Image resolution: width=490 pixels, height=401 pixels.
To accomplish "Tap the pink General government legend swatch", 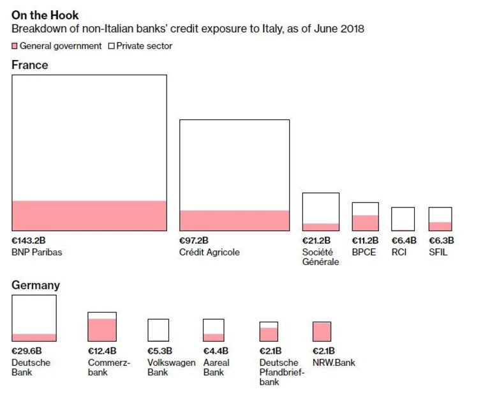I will pyautogui.click(x=15, y=46).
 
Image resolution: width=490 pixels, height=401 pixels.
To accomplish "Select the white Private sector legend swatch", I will pyautogui.click(x=110, y=46).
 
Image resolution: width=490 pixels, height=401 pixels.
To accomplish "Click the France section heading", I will pyautogui.click(x=29, y=64).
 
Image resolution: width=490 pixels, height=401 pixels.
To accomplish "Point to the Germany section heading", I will pyautogui.click(x=36, y=285).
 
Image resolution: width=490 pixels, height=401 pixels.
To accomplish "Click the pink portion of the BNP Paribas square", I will pyautogui.click(x=89, y=215).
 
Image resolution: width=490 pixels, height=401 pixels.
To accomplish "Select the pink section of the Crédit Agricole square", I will pyautogui.click(x=234, y=220).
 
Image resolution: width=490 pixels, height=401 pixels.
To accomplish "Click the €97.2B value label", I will pyautogui.click(x=195, y=241).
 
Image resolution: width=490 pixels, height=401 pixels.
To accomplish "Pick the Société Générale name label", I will pyautogui.click(x=320, y=257).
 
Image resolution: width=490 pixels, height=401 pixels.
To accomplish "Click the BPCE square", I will pyautogui.click(x=365, y=216).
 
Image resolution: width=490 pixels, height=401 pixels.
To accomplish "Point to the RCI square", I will pyautogui.click(x=403, y=219).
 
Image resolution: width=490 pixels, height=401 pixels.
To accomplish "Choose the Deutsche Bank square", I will pyautogui.click(x=34, y=318).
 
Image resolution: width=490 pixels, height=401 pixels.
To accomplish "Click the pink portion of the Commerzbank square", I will pyautogui.click(x=102, y=329).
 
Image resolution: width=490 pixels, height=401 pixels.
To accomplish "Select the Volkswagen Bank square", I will pyautogui.click(x=158, y=330).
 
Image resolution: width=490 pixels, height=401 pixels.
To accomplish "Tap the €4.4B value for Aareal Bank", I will pyautogui.click(x=215, y=351).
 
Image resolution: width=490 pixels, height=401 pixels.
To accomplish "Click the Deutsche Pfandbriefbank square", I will pyautogui.click(x=269, y=331).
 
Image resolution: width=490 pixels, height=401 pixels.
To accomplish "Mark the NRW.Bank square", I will pyautogui.click(x=322, y=331).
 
